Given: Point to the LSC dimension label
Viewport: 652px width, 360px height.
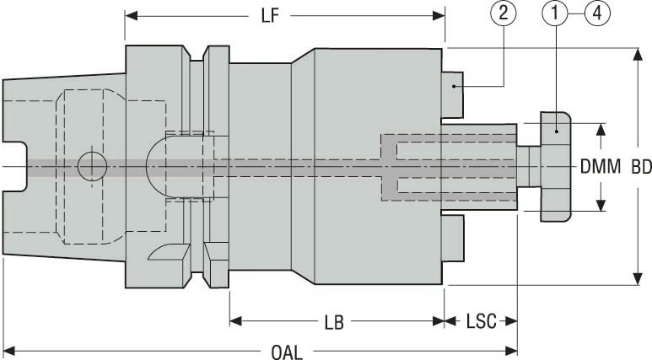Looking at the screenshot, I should (x=481, y=322).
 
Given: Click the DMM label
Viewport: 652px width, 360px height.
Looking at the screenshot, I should (x=600, y=167).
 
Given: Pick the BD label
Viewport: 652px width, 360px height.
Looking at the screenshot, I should (x=641, y=167).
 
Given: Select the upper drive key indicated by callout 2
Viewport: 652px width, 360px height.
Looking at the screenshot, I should (x=454, y=93).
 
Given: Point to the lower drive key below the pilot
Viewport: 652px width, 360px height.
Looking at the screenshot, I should (x=454, y=239).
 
